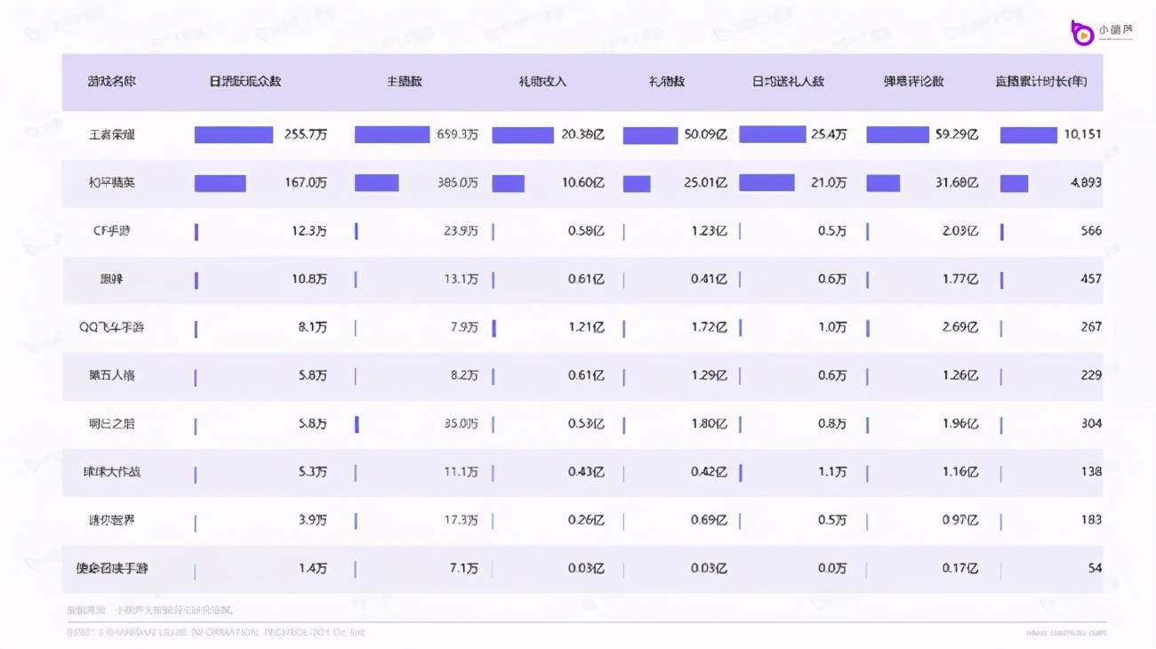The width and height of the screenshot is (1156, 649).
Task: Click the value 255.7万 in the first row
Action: click(x=305, y=135)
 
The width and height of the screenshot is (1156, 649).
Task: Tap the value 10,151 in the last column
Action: click(x=1082, y=135)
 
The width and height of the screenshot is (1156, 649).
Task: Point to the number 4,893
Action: click(x=1086, y=183)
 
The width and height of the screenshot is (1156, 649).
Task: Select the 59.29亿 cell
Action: click(x=959, y=135)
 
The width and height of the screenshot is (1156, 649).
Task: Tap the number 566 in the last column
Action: click(x=1091, y=231)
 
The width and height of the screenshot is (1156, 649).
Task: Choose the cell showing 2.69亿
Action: click(x=960, y=327)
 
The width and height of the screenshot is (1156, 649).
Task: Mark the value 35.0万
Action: click(x=461, y=423)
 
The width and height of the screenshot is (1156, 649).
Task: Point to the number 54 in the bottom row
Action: click(x=1095, y=567)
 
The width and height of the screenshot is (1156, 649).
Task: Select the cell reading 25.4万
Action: click(x=828, y=135)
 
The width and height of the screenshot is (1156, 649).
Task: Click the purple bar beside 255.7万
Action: click(x=234, y=135)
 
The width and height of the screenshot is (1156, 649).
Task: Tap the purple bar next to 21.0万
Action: click(x=767, y=183)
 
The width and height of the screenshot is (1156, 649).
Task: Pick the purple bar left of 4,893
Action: click(x=1014, y=183)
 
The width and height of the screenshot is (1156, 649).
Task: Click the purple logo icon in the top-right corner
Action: click(x=1082, y=32)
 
